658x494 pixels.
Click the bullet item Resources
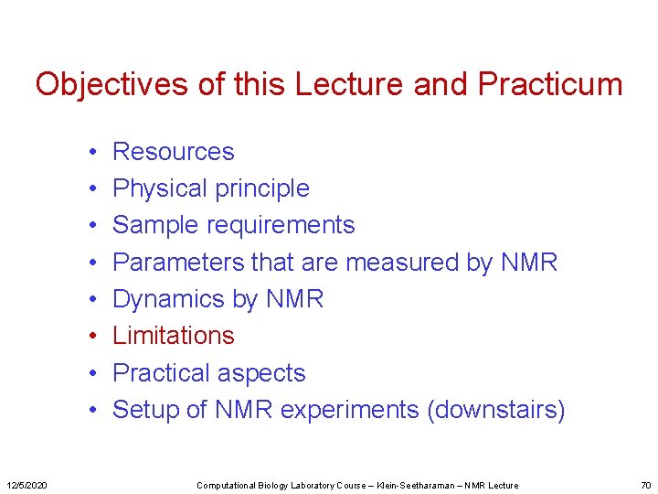pos(173,152)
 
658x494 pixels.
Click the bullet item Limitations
pos(173,336)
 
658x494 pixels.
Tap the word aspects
pos(260,374)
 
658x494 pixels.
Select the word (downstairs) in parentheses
pos(495,410)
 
